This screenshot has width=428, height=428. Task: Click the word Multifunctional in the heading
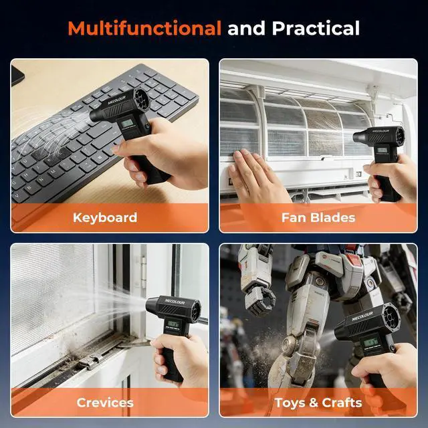(144, 28)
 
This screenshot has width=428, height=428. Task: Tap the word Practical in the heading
(316, 28)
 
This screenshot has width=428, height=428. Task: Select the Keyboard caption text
(105, 218)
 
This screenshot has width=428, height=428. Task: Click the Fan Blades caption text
(318, 218)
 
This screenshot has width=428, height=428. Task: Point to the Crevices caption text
(105, 403)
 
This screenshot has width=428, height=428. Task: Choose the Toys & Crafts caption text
(318, 403)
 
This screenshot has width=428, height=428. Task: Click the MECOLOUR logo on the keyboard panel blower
(117, 100)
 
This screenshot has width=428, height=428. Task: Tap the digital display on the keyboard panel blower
(127, 123)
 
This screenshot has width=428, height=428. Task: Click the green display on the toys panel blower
(370, 342)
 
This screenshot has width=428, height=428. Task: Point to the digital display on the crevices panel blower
(174, 324)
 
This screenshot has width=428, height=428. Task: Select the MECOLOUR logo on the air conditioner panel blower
(379, 131)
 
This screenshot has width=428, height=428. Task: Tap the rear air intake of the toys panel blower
(391, 317)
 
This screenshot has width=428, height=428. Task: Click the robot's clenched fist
(259, 300)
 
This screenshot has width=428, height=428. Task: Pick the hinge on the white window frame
(144, 272)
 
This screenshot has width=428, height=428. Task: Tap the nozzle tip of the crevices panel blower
(148, 305)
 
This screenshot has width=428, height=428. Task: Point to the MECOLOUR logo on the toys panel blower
(362, 316)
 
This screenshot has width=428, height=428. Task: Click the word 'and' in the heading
(246, 28)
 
